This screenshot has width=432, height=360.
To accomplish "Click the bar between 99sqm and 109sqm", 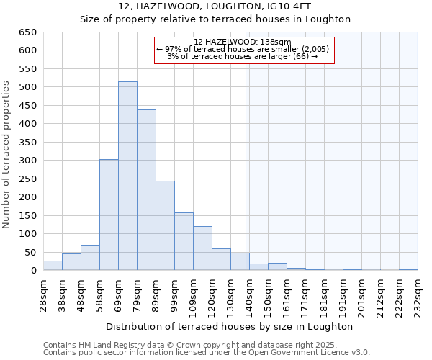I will (184, 241).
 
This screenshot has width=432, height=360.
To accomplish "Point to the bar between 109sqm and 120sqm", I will (202, 248).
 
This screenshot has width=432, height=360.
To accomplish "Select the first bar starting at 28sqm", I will (53, 266).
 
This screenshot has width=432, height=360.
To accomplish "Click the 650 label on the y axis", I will (28, 32).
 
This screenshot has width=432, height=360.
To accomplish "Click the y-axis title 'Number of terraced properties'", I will (7, 154).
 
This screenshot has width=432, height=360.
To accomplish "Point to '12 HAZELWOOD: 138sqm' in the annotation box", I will (243, 42).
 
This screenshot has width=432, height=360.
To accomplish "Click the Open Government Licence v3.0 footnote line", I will (207, 353).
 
